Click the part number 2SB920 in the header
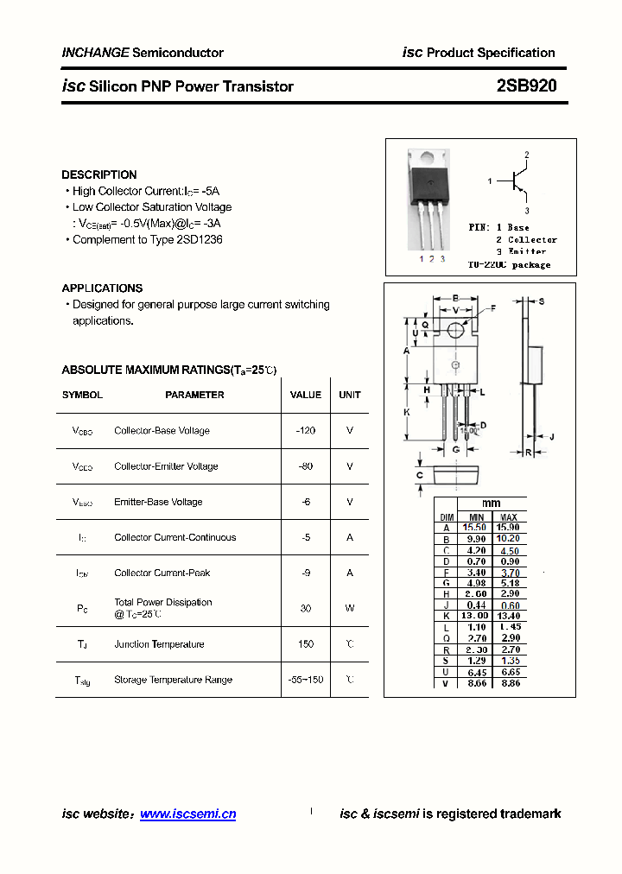pos(526,86)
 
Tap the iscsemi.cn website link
pos(187,814)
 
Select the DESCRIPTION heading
pos(99,174)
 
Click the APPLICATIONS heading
pos(102,288)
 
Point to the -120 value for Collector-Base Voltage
pos(306,431)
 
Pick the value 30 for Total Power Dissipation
pos(306,609)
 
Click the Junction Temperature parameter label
pos(159,644)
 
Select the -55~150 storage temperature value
pos(306,680)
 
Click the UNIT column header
pos(350,395)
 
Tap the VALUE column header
pos(306,395)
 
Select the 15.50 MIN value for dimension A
pos(474,527)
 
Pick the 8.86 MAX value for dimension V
pos(509,683)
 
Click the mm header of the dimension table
pos(492,503)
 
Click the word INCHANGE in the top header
pos(95,53)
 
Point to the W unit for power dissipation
pos(350,609)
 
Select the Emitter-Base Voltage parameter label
pos(158,502)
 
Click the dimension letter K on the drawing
pos(407,413)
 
